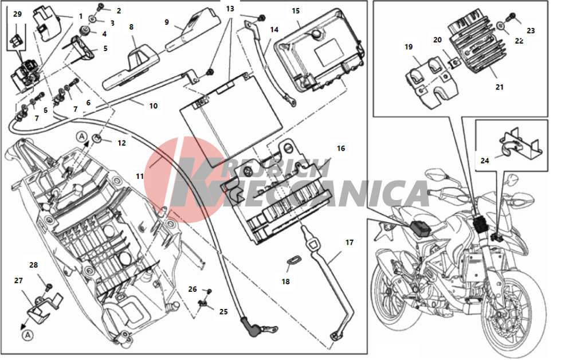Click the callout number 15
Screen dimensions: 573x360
tap(296, 11)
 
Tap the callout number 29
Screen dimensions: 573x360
tap(18, 14)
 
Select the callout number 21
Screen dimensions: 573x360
tap(499, 87)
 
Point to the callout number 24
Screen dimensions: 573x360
tap(485, 161)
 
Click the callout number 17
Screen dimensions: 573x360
tap(350, 242)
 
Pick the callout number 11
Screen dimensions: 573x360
tap(140, 176)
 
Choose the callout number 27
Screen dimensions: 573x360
tap(19, 280)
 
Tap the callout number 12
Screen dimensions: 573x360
tap(121, 143)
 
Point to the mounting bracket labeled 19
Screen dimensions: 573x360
tap(431, 82)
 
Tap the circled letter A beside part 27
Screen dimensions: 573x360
tap(28, 335)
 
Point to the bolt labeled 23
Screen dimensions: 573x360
tap(511, 17)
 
